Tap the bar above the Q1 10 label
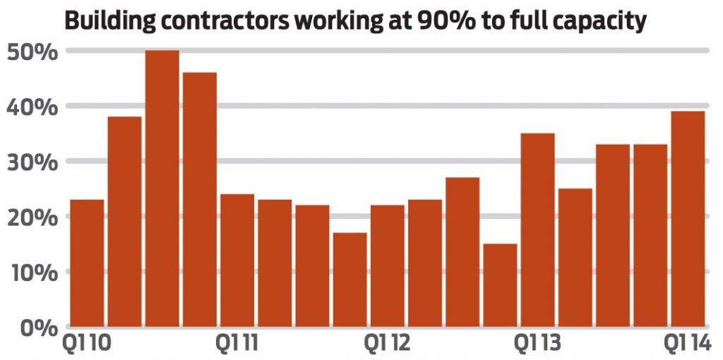coord(87,263)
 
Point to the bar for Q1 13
coord(537,229)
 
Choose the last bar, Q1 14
coord(688,218)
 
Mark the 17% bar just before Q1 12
coord(349,279)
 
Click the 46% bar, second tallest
coord(200,199)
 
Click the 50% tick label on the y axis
coord(32,52)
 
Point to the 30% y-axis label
coord(32,162)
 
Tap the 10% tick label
coord(32,272)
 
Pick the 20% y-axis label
coord(32,217)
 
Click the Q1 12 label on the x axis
coord(386,344)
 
